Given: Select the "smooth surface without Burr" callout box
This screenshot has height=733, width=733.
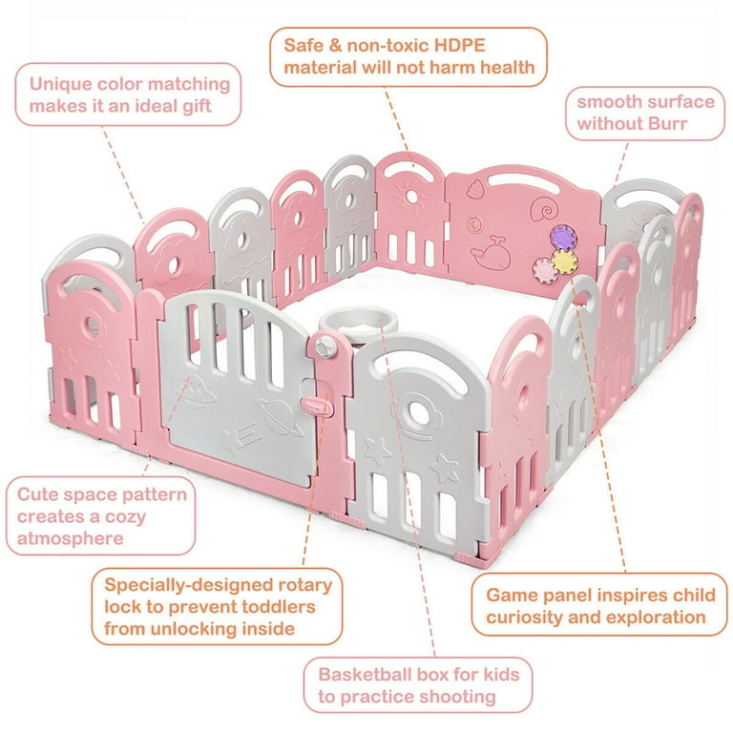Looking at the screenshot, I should click(644, 112).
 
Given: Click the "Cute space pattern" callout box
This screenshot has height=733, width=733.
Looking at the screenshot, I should click(102, 516).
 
